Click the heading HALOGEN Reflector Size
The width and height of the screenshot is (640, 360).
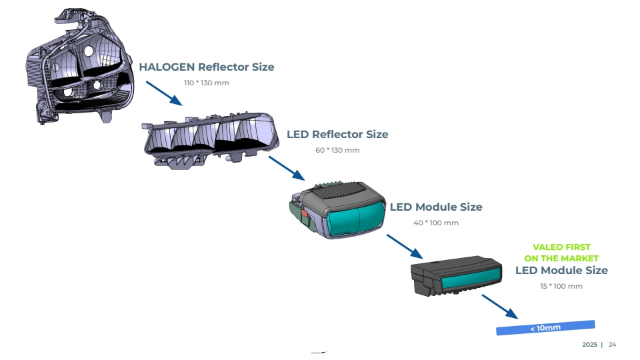click(x=206, y=67)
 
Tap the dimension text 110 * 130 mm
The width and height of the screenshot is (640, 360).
click(x=207, y=83)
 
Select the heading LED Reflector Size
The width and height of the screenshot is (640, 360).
click(x=337, y=134)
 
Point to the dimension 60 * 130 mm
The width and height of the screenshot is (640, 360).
click(x=337, y=150)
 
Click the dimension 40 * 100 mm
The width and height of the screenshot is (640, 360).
click(x=436, y=223)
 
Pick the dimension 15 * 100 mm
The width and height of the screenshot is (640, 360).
click(x=561, y=286)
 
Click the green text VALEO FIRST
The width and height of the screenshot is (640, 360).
click(x=561, y=247)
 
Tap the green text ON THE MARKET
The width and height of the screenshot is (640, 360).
click(x=561, y=259)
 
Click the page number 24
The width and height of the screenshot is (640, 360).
click(x=612, y=345)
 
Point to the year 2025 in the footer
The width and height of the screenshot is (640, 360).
click(x=589, y=345)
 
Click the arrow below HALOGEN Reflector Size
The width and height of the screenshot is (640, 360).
click(x=163, y=93)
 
